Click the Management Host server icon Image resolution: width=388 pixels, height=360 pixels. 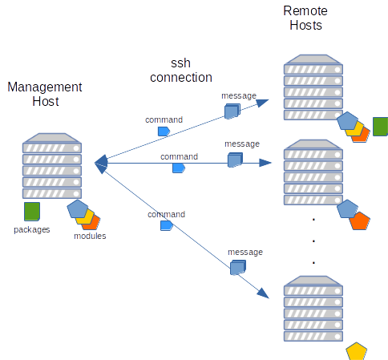pos(52,165)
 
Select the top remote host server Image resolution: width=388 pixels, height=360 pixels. pos(313,87)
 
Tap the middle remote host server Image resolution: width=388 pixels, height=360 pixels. pos(313,172)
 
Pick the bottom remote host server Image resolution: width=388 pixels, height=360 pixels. pos(313,308)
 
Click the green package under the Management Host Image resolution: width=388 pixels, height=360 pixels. pos(32,212)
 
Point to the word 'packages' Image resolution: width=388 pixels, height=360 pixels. pos(32,230)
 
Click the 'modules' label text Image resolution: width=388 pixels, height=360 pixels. pos(90,236)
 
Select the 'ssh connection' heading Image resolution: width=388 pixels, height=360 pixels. pos(180,71)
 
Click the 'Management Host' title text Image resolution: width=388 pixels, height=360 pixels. pos(45,94)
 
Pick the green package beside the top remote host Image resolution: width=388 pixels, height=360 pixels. pos(380,127)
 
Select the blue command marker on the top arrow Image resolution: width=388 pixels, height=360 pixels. pos(164,131)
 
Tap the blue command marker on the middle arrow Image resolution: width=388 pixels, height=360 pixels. pos(180,168)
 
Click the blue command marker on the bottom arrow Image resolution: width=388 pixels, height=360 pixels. pos(167,226)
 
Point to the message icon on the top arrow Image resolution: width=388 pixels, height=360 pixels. pos(232,111)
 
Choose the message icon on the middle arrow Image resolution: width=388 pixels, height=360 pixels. pos(235,160)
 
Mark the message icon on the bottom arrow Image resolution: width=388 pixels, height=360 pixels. pos(238,269)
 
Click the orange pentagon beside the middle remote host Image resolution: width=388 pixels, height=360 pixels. pos(361,220)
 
